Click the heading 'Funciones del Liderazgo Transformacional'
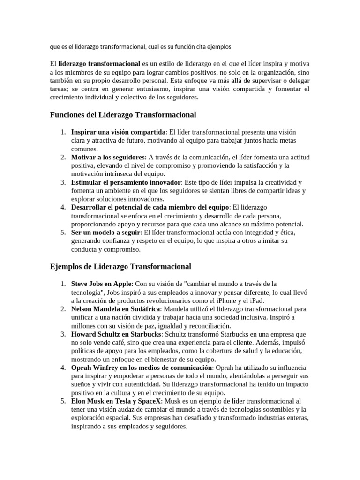[x=123, y=114]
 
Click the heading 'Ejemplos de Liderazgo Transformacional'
[x=120, y=266]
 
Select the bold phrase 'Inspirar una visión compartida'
[x=118, y=132]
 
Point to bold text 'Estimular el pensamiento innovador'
[x=126, y=182]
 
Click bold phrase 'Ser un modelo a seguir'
[x=105, y=232]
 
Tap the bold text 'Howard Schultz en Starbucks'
[x=116, y=334]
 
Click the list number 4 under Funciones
[x=63, y=207]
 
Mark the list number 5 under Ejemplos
[x=63, y=402]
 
